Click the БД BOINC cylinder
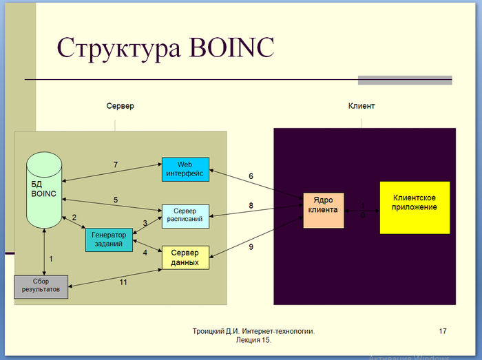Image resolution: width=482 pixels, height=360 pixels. point(45,189)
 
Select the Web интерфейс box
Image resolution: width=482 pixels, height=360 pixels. point(185,169)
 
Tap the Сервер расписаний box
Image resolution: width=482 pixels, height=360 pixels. point(185,215)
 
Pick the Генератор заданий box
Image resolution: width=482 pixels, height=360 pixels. point(108,239)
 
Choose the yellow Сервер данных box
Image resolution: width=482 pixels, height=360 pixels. point(185,257)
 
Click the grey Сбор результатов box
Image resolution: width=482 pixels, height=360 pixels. point(41,286)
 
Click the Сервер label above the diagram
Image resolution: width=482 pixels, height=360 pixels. point(120,107)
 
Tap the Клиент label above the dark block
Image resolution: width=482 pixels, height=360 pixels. point(361,107)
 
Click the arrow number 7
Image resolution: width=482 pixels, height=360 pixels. point(116,165)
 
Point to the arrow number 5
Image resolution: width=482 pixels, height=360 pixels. point(116,200)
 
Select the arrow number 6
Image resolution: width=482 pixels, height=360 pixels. point(251,177)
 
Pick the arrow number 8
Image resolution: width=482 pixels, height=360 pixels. point(251,206)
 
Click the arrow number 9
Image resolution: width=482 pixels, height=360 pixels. point(251,246)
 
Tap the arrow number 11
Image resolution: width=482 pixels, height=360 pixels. point(124,282)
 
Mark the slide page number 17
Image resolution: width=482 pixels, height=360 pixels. point(443,332)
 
